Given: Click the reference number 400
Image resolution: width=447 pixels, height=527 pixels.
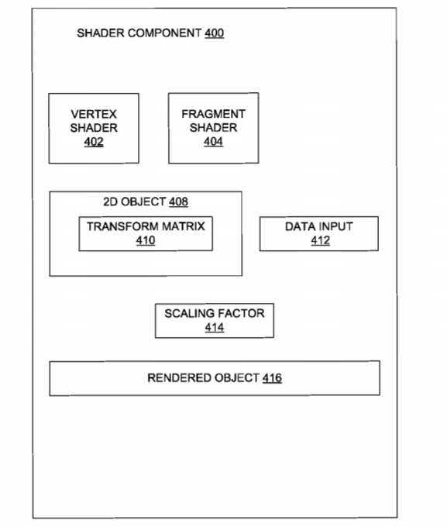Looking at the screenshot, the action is (215, 33).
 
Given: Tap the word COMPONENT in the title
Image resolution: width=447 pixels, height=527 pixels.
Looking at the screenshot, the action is (165, 33).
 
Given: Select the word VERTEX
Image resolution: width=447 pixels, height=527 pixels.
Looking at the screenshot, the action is (94, 114).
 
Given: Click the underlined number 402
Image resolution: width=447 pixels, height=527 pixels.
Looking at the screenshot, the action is (94, 142).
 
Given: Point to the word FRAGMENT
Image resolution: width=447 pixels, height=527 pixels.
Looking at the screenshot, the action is (213, 114).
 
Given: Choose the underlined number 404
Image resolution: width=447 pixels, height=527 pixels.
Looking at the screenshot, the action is (213, 142).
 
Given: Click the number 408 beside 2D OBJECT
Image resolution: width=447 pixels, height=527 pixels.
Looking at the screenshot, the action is (178, 201).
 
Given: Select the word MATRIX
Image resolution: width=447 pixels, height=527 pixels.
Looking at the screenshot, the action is (184, 226).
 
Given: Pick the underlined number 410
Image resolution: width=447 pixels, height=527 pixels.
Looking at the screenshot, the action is (146, 240).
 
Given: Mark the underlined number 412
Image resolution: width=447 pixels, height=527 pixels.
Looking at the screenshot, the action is (320, 240).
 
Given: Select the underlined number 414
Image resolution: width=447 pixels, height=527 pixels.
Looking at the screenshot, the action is (215, 327).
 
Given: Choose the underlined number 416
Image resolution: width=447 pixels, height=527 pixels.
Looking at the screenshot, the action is (272, 377).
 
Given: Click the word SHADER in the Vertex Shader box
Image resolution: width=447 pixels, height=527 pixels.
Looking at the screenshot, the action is (94, 128).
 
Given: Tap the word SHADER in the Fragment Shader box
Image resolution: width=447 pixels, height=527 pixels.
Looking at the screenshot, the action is (213, 128).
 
